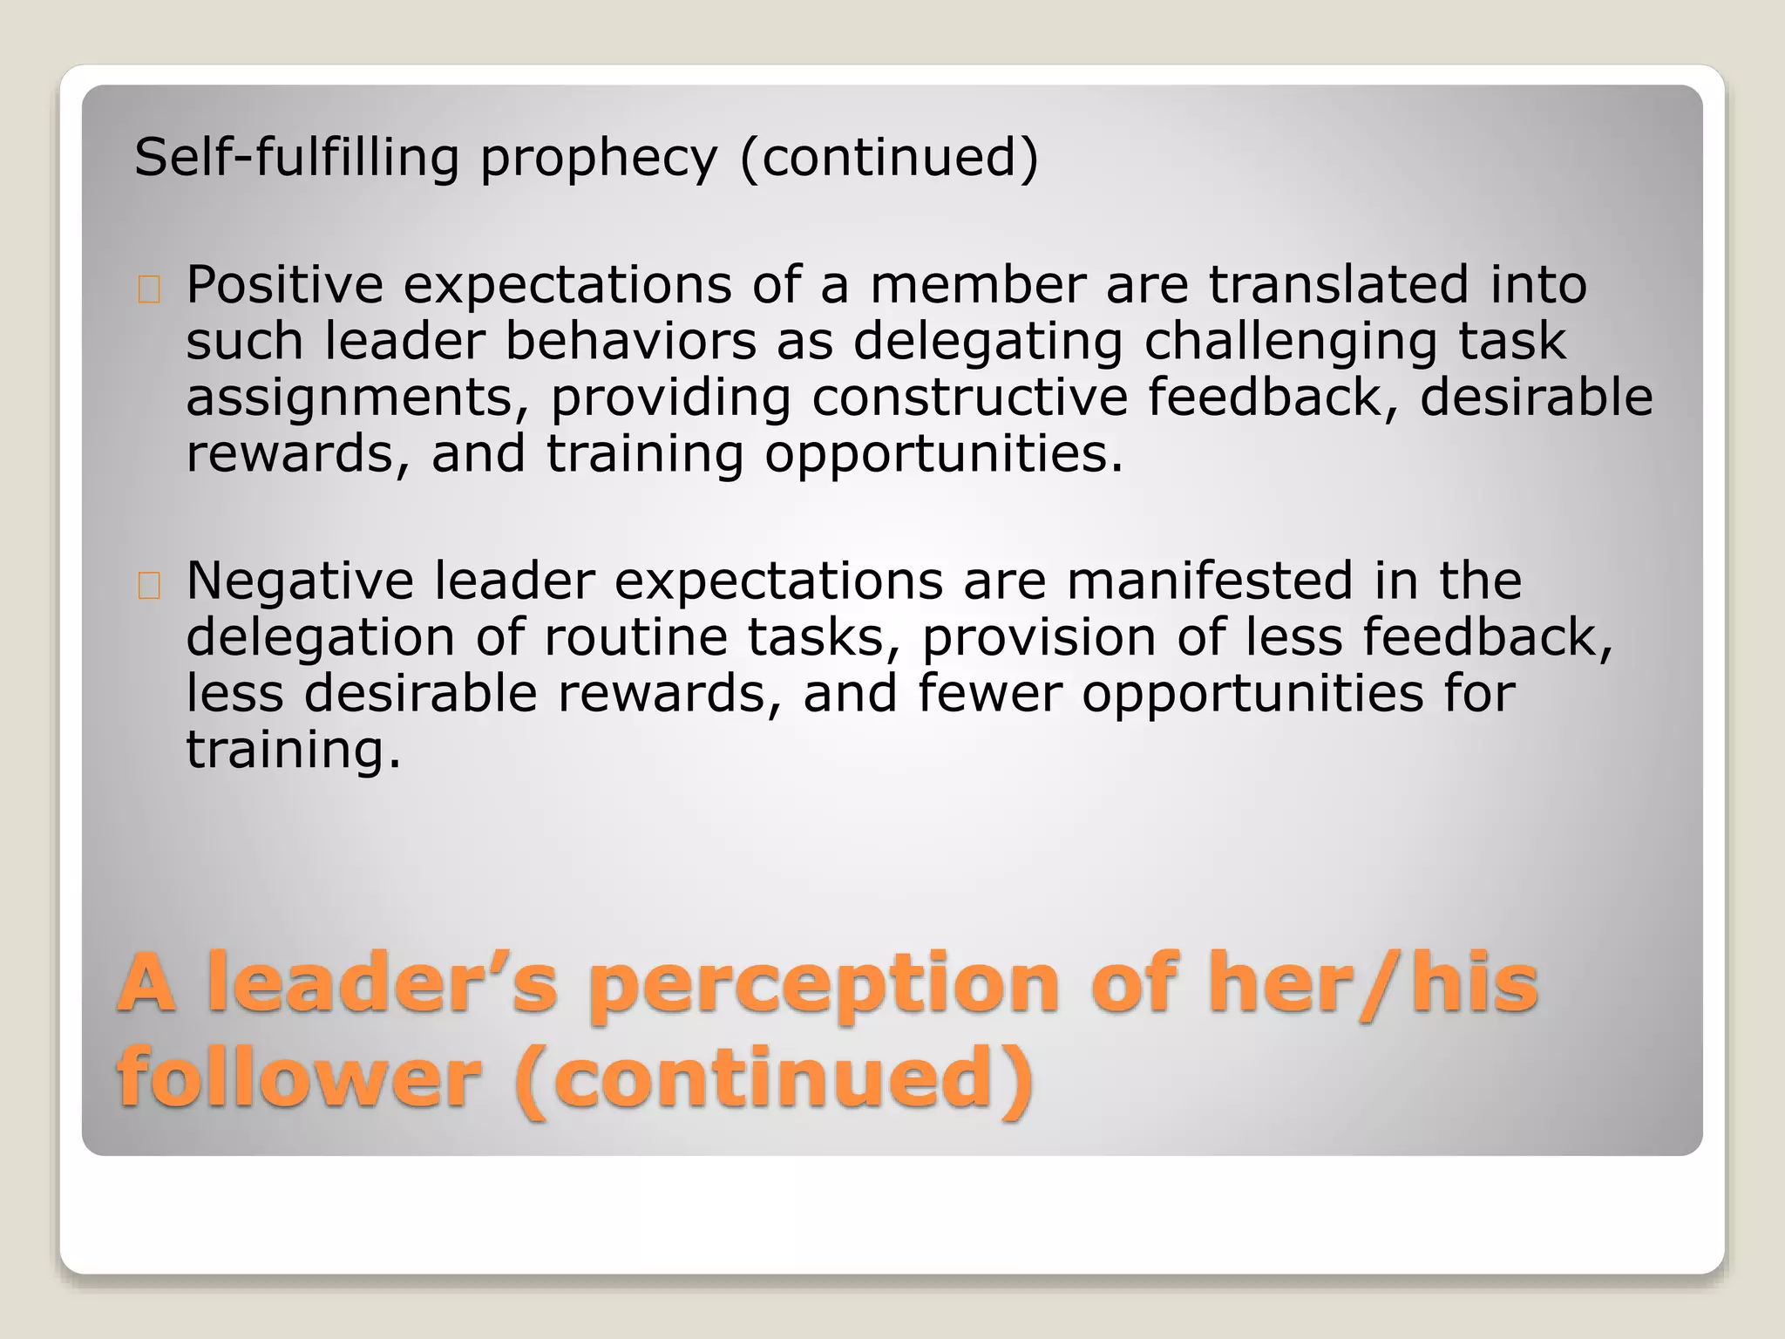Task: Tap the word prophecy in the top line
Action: tap(598, 160)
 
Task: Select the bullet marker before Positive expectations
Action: tap(149, 289)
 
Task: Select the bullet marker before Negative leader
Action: tap(149, 586)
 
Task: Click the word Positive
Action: tap(284, 285)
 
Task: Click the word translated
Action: tap(1338, 285)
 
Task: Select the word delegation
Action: tap(320, 638)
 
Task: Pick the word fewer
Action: tap(989, 694)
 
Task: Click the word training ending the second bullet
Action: tap(293, 751)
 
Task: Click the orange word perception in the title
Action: tap(825, 985)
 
